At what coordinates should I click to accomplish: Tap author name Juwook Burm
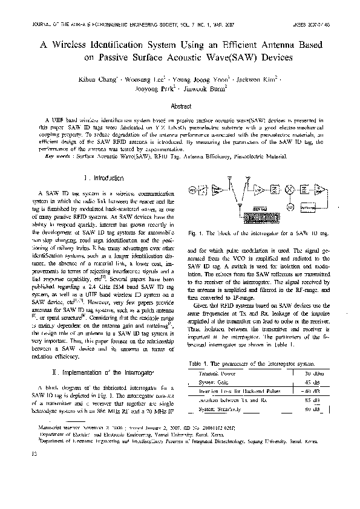tap(209, 89)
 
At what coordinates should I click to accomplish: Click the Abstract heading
tap(181, 106)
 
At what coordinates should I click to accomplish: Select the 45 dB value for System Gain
tap(312, 382)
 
